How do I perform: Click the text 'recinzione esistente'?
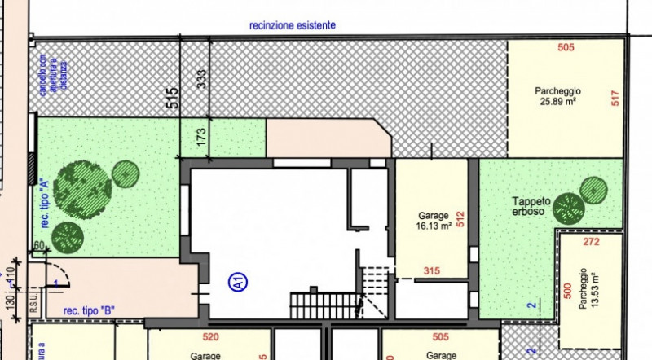coord(293,25)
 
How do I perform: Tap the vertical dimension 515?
coord(171,99)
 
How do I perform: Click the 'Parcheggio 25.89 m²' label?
coord(557,96)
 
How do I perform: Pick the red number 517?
coord(615,98)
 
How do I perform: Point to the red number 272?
coord(593,242)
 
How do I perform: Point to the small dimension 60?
coord(38,245)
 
